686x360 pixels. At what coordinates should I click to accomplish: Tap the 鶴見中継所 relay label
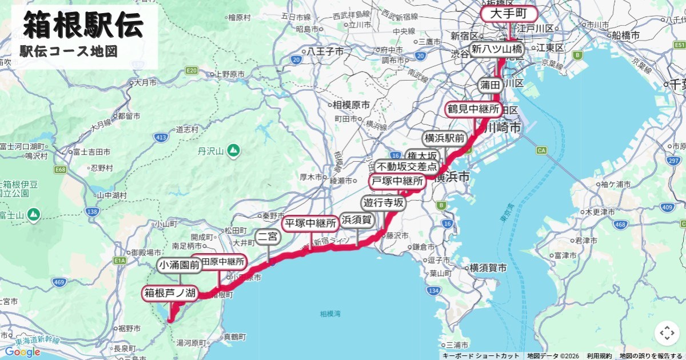coord(473,109)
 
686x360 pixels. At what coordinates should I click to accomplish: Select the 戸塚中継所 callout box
coord(397,182)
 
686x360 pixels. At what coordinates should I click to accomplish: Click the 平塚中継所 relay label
coord(310,223)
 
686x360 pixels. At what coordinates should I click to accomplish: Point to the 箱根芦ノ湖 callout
coord(170,294)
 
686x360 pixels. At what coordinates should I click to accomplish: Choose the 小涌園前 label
coord(180,265)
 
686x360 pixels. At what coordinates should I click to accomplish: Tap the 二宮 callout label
coord(268,237)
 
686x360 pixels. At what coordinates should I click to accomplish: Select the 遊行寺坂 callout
coord(383,202)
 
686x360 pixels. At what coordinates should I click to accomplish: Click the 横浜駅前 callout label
coord(444,138)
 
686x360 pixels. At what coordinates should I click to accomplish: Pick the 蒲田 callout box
coord(490,85)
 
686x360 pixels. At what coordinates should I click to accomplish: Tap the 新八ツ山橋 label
coord(496,49)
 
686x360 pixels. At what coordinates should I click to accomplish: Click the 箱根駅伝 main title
coord(83,26)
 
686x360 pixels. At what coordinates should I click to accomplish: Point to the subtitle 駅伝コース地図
coord(69,51)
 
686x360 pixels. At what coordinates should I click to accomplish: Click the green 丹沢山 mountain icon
coord(233,151)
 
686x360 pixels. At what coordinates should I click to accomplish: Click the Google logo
coord(23,351)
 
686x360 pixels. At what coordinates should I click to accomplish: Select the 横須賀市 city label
coord(488,267)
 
